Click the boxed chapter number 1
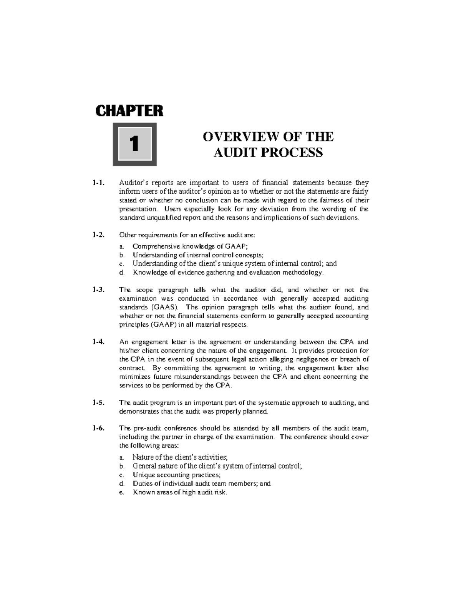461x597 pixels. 134,144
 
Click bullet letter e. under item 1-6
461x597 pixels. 121,492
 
